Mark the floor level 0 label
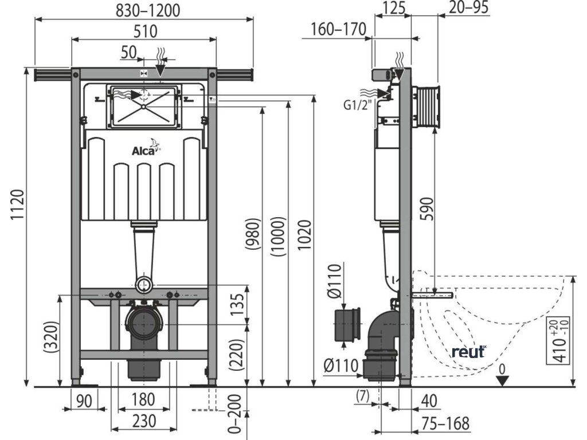[x=502, y=370]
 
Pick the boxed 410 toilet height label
[x=554, y=340]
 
